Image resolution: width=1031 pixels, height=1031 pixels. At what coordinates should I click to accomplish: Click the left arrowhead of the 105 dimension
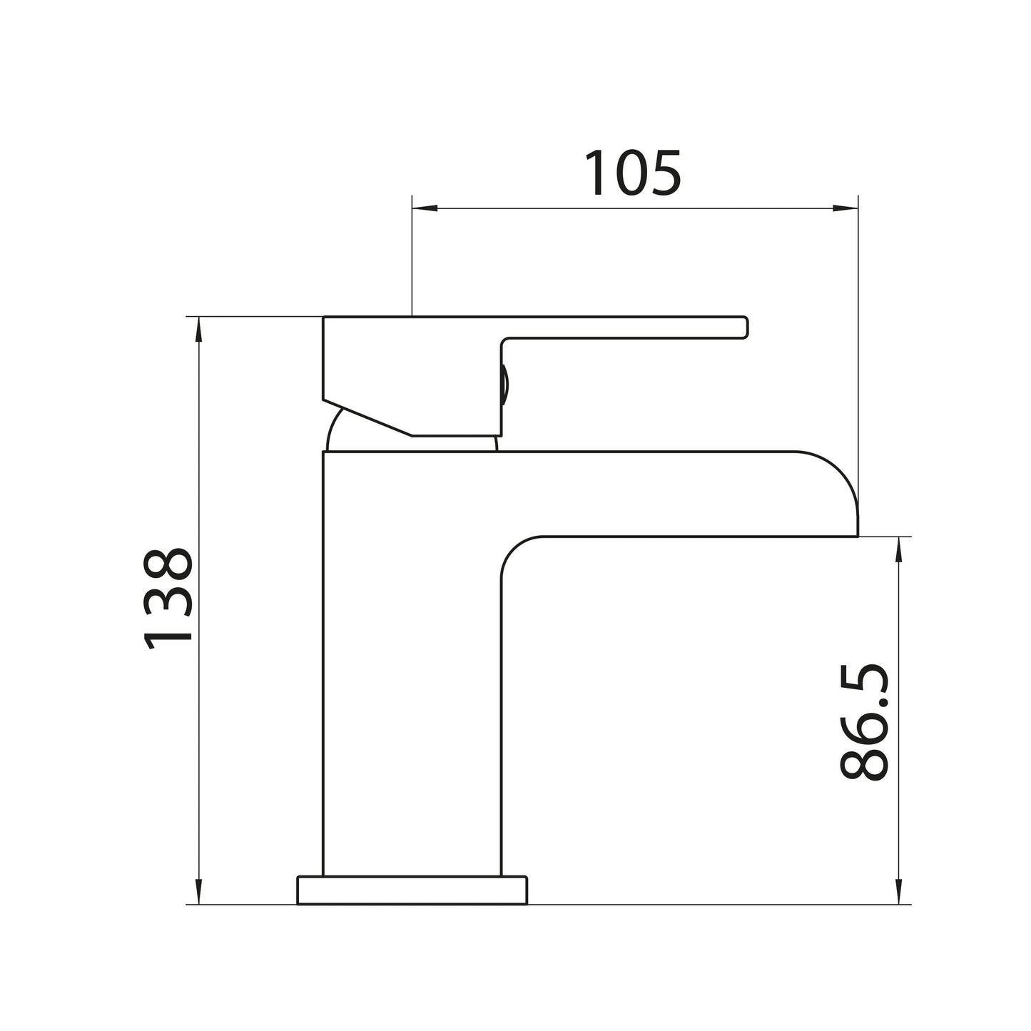pyautogui.click(x=425, y=209)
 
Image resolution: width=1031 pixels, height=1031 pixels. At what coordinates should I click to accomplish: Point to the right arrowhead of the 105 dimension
pyautogui.click(x=845, y=209)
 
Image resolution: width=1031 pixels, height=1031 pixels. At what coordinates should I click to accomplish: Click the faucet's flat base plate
pyautogui.click(x=412, y=890)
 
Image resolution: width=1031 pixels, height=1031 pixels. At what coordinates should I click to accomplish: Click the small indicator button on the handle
pyautogui.click(x=504, y=385)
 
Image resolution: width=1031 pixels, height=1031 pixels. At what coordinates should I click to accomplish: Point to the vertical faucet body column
pyautogui.click(x=412, y=664)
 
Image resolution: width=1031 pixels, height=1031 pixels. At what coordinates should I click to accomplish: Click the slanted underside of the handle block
pyautogui.click(x=367, y=417)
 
